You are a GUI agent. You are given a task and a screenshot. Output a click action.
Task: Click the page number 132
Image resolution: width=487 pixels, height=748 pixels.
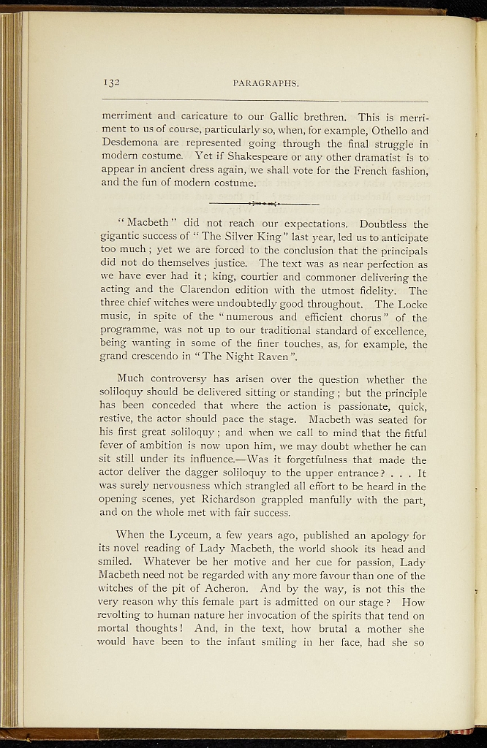click(110, 83)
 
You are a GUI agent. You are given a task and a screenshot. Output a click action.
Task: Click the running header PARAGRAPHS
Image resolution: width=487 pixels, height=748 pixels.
click(265, 83)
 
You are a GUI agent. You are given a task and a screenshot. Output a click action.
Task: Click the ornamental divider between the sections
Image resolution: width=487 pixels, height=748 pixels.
click(264, 203)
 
